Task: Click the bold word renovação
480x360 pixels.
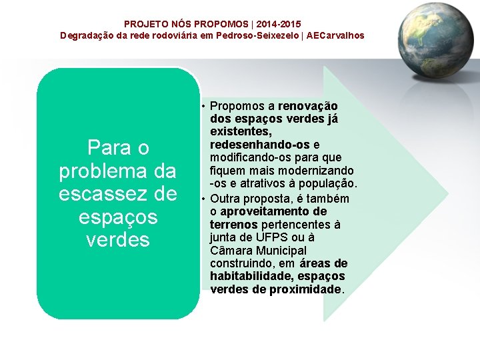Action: click(x=308, y=106)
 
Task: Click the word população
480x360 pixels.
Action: click(x=331, y=183)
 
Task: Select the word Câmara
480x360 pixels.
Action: click(x=230, y=251)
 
